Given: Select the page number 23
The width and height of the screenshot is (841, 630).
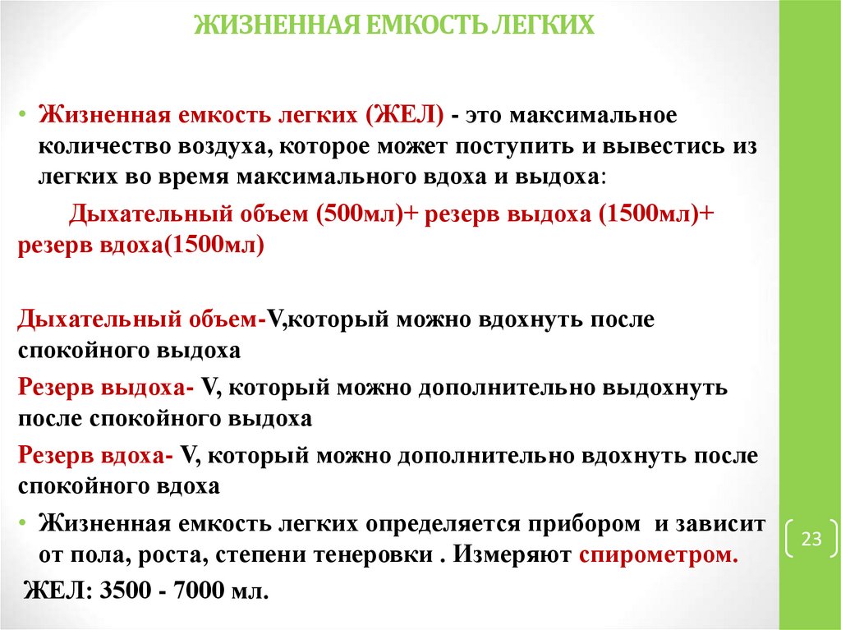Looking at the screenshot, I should [811, 540].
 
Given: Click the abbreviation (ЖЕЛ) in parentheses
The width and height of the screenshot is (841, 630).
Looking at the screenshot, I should [407, 116].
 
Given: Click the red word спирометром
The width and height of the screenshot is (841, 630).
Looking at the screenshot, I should [658, 554].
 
